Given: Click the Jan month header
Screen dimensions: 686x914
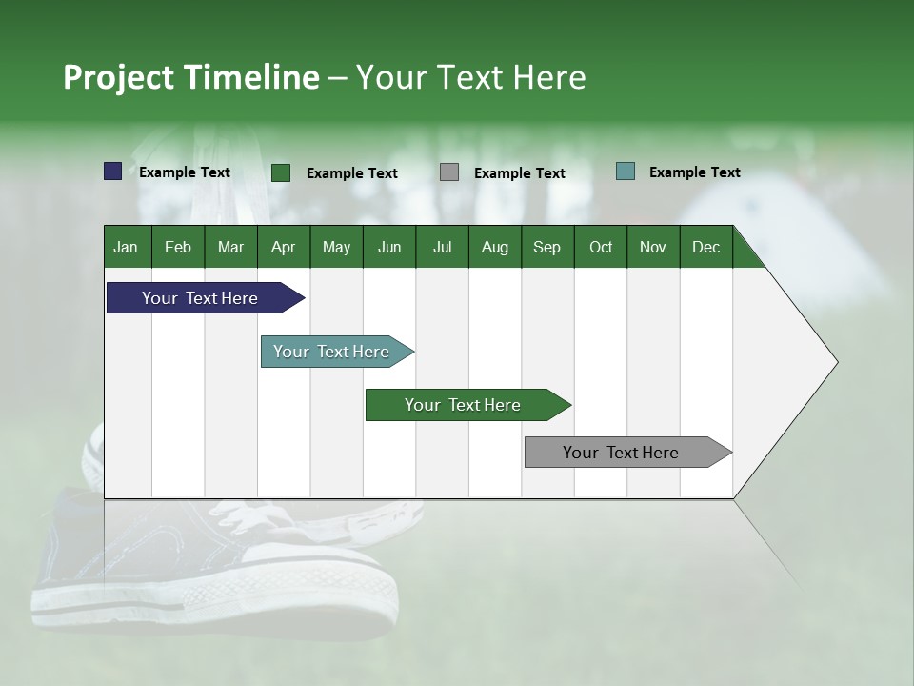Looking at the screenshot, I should coord(126,248).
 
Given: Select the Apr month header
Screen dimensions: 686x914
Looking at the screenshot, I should coord(283,248).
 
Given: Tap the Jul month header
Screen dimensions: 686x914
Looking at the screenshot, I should coord(442,248).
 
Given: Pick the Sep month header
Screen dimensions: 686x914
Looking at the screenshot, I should coord(546,248).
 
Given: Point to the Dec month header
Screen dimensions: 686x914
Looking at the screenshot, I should coord(705,248).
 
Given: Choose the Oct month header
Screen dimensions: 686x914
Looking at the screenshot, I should coord(601,248).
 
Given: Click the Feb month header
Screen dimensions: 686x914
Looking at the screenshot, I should coord(178,248).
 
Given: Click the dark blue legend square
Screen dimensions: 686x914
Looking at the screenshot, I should coord(113,171).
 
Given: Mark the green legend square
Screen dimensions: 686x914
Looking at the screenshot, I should coord(281,172).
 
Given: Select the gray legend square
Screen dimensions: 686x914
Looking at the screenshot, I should coord(449,172).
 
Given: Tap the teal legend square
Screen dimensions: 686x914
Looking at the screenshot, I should coord(626,171).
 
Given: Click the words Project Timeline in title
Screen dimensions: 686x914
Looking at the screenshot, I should coord(190,77).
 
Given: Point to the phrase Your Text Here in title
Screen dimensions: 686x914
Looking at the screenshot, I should coord(470,77).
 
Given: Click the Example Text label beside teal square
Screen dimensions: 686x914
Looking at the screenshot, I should coord(694,172).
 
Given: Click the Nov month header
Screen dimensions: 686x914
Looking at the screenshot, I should coord(653,248).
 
